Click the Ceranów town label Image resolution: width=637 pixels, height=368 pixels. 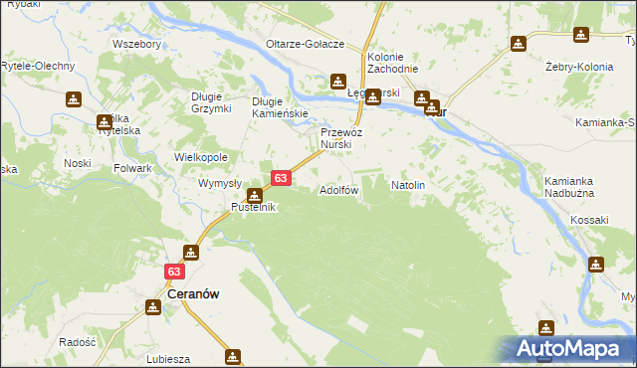click(178, 294)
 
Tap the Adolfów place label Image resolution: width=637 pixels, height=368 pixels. click(338, 189)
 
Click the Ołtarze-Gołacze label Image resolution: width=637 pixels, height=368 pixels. click(305, 45)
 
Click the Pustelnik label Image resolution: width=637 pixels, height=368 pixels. click(254, 207)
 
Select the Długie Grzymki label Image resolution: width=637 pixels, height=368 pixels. click(211, 101)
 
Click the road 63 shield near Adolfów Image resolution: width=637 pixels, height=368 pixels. click(281, 178)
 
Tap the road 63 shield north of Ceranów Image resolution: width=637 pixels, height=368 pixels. click(175, 271)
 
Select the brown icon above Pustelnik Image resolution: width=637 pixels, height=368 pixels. click(256, 195)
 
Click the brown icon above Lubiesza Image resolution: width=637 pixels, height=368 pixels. click(233, 355)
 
